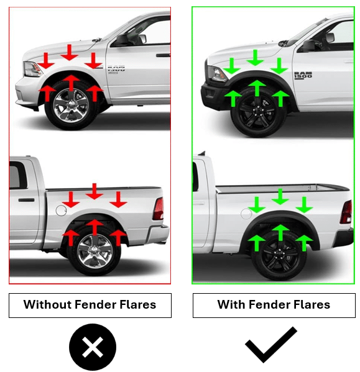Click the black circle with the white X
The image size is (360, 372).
tap(93, 347)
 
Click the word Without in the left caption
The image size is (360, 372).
tap(47, 304)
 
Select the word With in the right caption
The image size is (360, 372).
tap(231, 304)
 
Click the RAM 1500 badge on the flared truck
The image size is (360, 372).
tap(303, 75)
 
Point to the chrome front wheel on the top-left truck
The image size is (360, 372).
tap(71, 106)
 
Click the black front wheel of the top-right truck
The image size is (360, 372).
tap(259, 112)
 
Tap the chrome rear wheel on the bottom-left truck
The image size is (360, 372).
tap(95, 251)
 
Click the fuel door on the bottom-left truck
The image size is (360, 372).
tap(62, 211)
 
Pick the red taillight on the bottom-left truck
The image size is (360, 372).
tap(159, 209)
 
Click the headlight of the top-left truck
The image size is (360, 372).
tap(32, 69)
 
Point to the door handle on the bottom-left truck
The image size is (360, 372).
tap(26, 200)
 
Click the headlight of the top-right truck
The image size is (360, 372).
tap(216, 74)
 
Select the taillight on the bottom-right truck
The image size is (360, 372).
tap(346, 212)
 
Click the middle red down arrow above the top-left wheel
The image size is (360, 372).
tap(70, 52)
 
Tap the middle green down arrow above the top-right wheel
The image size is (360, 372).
tap(256, 58)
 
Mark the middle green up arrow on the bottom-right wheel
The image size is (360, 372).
tap(280, 233)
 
